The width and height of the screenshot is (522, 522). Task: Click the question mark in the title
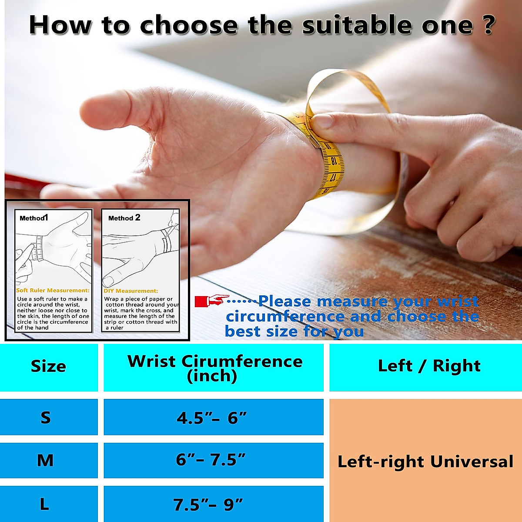489,25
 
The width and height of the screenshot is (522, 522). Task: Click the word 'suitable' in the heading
358,25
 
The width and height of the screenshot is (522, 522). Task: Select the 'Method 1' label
34,218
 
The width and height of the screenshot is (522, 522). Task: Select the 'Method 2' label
124,218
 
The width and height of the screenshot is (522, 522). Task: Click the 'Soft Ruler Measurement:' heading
53,291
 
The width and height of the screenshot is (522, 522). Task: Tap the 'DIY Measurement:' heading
131,291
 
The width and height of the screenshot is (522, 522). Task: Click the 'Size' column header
48,367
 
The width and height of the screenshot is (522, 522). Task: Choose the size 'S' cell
48,417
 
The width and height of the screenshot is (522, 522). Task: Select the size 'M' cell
48,460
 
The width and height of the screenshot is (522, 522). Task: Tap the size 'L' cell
48,504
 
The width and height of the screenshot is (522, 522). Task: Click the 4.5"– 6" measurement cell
214,417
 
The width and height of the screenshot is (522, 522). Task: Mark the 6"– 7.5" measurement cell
214,460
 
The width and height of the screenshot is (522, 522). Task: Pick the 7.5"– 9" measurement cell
214,504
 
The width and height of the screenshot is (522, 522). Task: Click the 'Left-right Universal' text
425,462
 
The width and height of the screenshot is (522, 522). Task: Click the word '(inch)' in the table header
212,376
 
